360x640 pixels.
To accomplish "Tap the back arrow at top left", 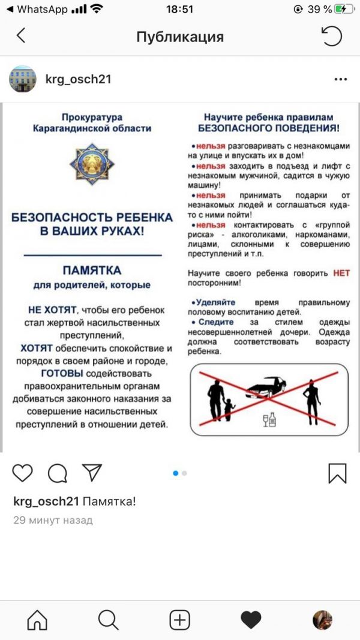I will pos(21,36).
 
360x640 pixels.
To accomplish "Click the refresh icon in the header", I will pos(331,36).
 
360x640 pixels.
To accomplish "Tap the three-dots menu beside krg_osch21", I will pos(340,79).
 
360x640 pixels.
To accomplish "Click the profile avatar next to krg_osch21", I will pos(22,79).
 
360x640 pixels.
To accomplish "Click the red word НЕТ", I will pos(341,272).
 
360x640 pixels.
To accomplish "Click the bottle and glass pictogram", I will pos(269,420).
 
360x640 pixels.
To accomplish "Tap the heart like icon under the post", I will pos(23,473).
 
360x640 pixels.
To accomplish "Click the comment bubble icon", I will pos(57,473).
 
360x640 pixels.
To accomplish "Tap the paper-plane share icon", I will pos(91,473).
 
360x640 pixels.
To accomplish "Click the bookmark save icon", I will pos(337,473).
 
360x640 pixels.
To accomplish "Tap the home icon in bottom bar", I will pos(37,620).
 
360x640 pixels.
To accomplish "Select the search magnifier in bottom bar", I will pos(108,620).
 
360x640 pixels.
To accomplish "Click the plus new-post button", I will pos(179,620).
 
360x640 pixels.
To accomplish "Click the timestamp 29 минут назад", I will pos(53,521).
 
